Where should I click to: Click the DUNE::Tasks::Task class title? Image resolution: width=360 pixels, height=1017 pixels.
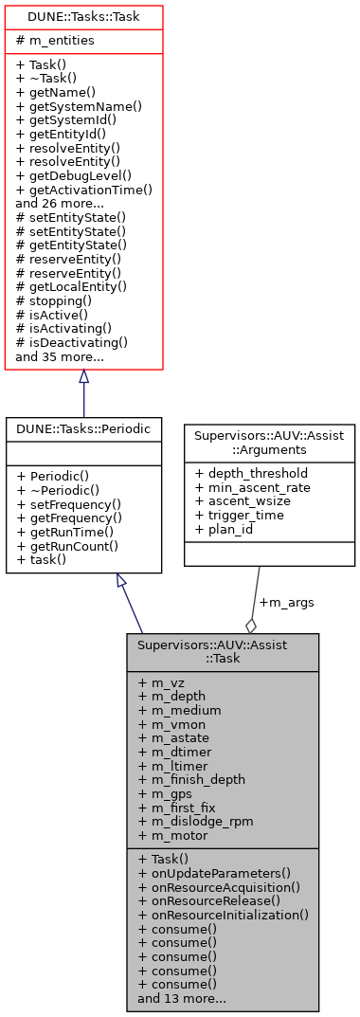[x=83, y=16]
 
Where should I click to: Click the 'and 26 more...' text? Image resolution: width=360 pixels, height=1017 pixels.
[x=62, y=203]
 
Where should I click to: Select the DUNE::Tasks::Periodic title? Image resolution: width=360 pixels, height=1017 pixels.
[x=83, y=427]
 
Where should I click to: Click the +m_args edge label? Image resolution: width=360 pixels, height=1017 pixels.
[x=286, y=602]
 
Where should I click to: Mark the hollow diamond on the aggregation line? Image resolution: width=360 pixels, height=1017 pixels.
[x=251, y=625]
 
